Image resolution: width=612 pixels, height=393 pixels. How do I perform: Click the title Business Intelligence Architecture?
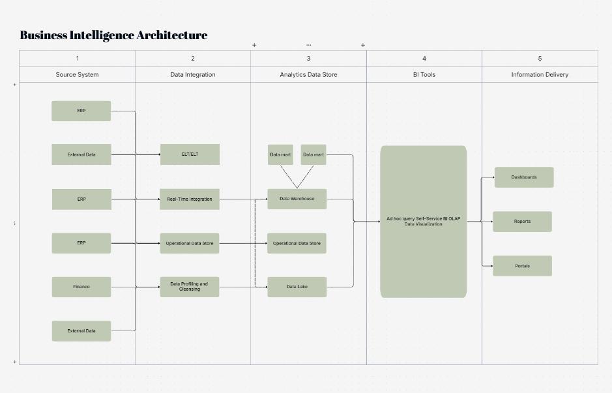pyautogui.click(x=113, y=35)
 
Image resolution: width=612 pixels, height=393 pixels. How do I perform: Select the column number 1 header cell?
pyautogui.click(x=77, y=59)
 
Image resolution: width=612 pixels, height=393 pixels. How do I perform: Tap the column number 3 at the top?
pyautogui.click(x=308, y=59)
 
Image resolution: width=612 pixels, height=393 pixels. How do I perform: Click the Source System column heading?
pyautogui.click(x=77, y=74)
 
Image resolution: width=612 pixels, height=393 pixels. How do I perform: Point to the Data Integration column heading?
pyautogui.click(x=192, y=74)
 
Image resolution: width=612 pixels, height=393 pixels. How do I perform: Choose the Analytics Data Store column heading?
pyautogui.click(x=308, y=74)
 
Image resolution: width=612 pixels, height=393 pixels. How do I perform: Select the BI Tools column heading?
pyautogui.click(x=424, y=74)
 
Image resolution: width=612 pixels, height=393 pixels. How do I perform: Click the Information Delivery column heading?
pyautogui.click(x=539, y=74)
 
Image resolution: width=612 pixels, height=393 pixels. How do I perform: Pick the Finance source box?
pyautogui.click(x=81, y=287)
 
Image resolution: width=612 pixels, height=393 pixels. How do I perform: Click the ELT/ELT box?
pyautogui.click(x=190, y=154)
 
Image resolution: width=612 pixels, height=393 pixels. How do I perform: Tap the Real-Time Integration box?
pyautogui.click(x=190, y=199)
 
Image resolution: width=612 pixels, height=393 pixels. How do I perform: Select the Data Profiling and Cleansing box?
pyautogui.click(x=190, y=287)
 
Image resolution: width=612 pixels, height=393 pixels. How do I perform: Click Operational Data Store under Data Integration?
pyautogui.click(x=190, y=243)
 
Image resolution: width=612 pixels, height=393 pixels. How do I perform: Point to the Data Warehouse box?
pyautogui.click(x=297, y=199)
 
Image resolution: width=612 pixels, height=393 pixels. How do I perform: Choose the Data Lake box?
pyautogui.click(x=297, y=287)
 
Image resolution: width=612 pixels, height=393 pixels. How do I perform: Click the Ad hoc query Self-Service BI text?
pyautogui.click(x=423, y=219)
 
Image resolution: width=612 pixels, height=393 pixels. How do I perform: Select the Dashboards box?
pyautogui.click(x=523, y=177)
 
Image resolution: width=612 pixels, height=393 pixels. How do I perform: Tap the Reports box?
pyautogui.click(x=522, y=222)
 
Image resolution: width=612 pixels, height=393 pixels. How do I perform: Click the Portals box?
pyautogui.click(x=522, y=266)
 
